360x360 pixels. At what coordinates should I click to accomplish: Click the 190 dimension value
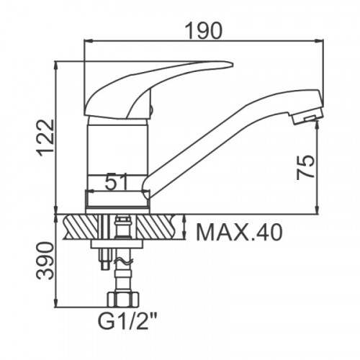[204, 30]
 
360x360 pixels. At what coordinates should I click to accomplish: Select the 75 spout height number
[305, 167]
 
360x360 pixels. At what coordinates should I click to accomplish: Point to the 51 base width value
[116, 181]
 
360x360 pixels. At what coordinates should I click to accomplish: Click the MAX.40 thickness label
[239, 232]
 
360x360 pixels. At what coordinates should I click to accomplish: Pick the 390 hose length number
[45, 261]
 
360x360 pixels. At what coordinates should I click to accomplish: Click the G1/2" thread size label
[127, 323]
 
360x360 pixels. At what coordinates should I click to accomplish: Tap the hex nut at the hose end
[123, 300]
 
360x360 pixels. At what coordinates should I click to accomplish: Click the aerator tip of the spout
[307, 118]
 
